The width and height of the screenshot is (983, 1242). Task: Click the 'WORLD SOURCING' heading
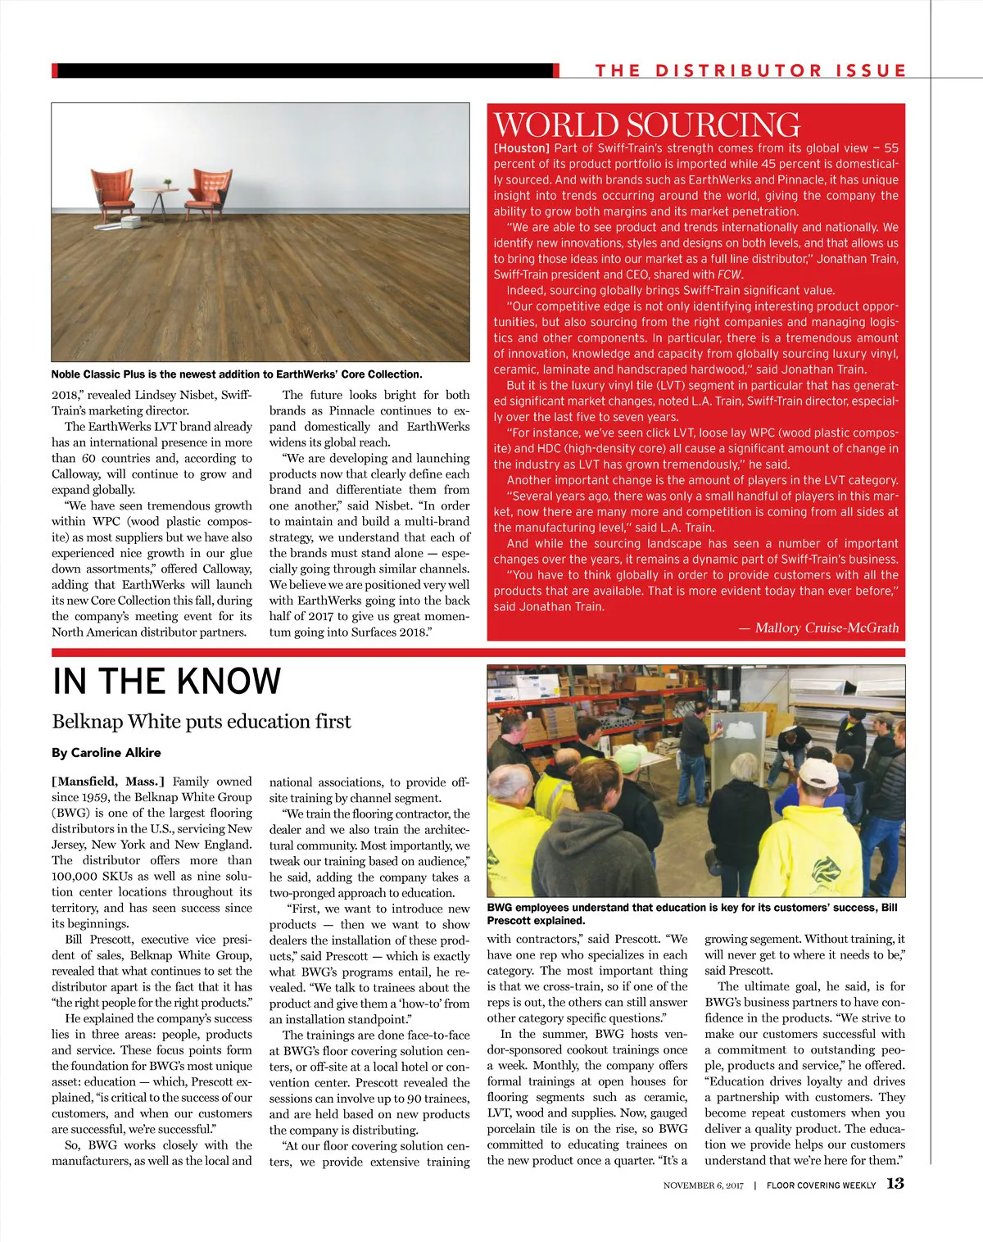[646, 125]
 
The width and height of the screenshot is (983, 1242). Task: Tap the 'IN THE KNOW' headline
[166, 682]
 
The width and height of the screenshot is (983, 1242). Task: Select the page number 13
[895, 1184]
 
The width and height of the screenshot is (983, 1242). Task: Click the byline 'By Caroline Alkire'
[106, 753]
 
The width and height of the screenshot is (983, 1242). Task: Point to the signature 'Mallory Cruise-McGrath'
[827, 628]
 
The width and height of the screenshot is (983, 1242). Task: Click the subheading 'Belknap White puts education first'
[202, 722]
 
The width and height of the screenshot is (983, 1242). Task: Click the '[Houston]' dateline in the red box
[521, 148]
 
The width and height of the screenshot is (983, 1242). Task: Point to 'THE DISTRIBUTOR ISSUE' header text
[750, 70]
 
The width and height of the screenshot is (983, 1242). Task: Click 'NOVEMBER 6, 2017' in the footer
[703, 1185]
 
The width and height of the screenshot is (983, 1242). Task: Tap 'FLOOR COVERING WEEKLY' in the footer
[821, 1185]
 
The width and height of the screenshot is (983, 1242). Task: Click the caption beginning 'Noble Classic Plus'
[237, 374]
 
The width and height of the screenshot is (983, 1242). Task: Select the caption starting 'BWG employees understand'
[691, 913]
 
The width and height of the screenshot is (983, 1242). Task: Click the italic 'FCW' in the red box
[729, 274]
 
